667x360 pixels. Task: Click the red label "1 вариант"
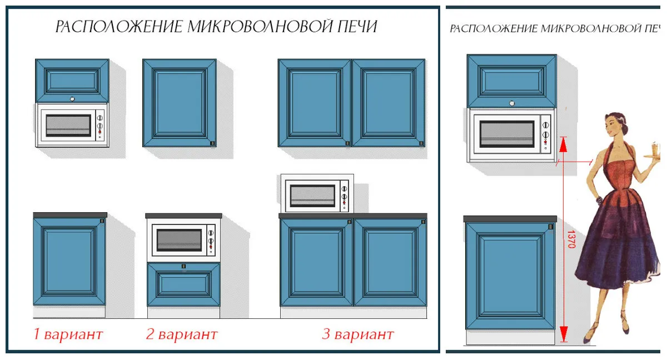68,334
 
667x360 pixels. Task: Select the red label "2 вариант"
182,334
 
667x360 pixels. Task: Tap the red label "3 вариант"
358,334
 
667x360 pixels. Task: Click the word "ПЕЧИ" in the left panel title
357,27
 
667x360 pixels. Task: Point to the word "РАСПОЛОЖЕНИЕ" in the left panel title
119,27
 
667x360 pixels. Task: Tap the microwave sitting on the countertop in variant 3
317,194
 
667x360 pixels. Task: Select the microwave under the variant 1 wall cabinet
72,125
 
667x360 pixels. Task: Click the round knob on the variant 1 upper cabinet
72,99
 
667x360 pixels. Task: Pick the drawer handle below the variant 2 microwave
183,266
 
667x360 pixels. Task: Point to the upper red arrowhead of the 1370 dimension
563,145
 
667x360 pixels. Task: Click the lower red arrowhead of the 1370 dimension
563,334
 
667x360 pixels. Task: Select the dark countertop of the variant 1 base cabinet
70,215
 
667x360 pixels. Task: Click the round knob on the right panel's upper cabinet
512,103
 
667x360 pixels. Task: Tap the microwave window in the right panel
507,134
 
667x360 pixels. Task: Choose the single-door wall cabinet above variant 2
180,103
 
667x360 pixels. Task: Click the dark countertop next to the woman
510,219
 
